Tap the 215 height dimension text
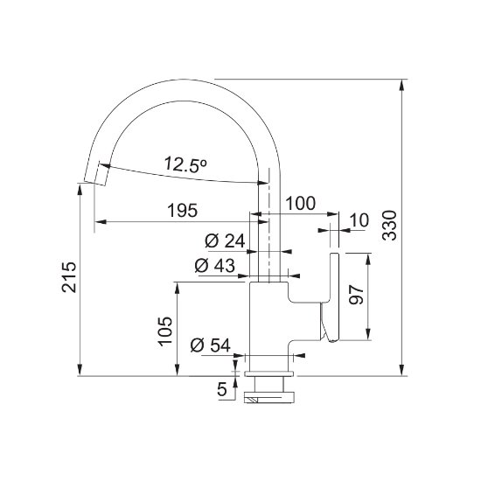[69, 277]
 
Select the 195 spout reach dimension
[183, 211]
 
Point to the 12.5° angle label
[186, 164]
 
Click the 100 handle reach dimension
[300, 203]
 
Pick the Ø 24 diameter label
[225, 240]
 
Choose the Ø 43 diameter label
[215, 265]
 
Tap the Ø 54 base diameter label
[211, 345]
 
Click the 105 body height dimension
[165, 331]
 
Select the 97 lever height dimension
[357, 295]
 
